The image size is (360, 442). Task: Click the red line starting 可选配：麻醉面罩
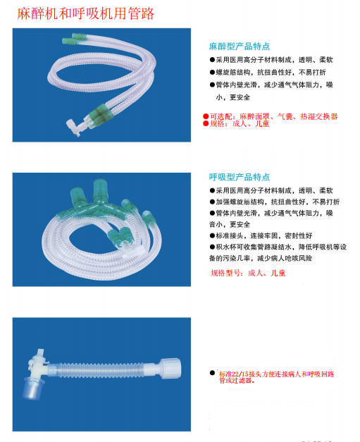[271, 116]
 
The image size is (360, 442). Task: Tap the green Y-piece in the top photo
[99, 114]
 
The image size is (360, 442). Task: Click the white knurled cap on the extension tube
[170, 367]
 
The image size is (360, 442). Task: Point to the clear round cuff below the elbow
[32, 387]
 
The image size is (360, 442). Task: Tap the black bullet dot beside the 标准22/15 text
[211, 372]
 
